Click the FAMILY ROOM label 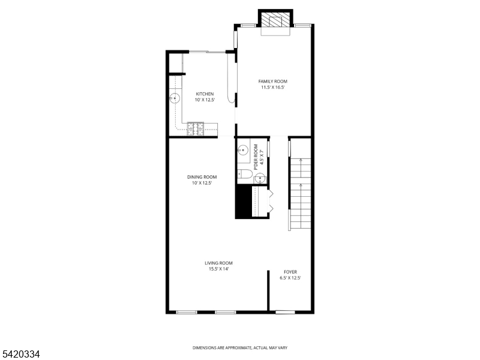click(273, 82)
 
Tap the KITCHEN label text click(205, 94)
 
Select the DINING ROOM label click(202, 177)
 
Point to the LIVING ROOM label click(218, 263)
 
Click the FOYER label click(290, 272)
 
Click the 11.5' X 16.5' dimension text click(273, 88)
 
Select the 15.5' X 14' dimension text click(218, 269)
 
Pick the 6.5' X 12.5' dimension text click(290, 278)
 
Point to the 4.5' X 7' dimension click(262, 157)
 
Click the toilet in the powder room click(245, 174)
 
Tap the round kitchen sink click(175, 98)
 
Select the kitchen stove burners click(196, 129)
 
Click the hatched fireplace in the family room click(275, 20)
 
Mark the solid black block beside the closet click(244, 202)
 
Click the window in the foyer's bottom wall click(285, 312)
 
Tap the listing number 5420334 click(20, 354)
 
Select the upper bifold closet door click(271, 193)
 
